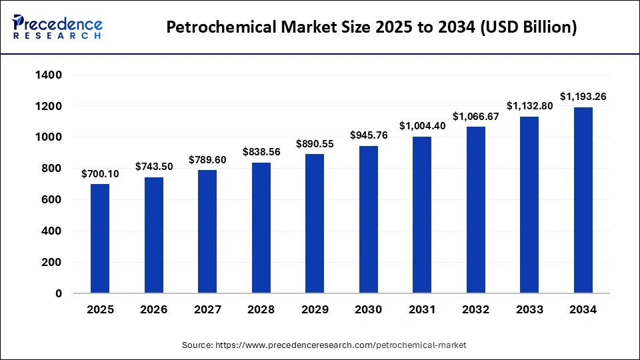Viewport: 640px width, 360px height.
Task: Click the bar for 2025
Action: (100, 239)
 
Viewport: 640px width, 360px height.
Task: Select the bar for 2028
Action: (261, 228)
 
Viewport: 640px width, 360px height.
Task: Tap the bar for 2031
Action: (422, 215)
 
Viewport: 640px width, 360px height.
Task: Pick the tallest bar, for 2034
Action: (583, 200)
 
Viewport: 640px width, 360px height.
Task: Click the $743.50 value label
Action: (153, 166)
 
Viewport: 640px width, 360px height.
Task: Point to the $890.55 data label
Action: (315, 143)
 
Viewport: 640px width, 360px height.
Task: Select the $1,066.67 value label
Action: (475, 116)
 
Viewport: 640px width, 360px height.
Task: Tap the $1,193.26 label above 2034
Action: (583, 97)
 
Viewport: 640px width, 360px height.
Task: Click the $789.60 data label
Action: (207, 159)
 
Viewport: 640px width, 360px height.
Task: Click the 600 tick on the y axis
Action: (52, 200)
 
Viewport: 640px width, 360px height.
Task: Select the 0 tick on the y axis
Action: (59, 293)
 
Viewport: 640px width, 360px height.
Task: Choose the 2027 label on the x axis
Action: (207, 310)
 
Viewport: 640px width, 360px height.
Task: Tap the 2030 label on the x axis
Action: (368, 310)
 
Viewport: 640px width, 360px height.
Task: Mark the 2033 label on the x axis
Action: (529, 310)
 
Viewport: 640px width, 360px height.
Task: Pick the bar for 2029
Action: (315, 224)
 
